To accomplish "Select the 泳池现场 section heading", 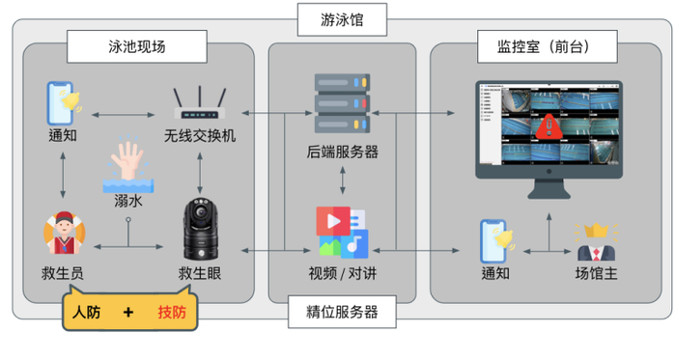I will click(x=137, y=45).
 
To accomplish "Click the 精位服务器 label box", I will click(x=342, y=312).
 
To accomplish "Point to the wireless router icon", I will click(x=199, y=102).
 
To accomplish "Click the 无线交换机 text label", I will click(x=199, y=135).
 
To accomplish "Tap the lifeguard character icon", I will click(x=63, y=235).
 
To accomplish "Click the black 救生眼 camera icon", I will click(x=199, y=230).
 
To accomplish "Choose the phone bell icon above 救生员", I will click(x=63, y=100).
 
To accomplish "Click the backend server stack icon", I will click(x=342, y=101).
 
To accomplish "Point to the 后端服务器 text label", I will click(x=342, y=152).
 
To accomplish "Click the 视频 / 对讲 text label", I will click(x=342, y=273).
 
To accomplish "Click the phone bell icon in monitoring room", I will click(x=496, y=238).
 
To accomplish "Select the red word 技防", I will click(x=177, y=313).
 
